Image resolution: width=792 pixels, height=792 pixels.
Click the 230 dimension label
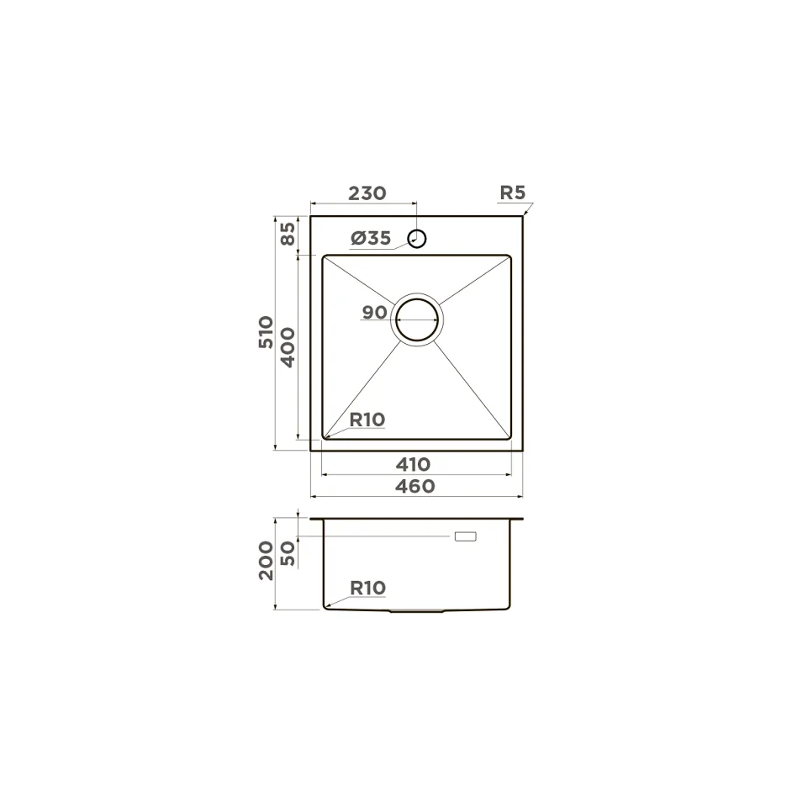coord(367,193)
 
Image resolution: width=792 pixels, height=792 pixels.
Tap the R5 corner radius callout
coord(513,193)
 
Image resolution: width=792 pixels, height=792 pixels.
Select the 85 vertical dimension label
coord(288,234)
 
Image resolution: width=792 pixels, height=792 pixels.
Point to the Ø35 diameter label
coord(371,238)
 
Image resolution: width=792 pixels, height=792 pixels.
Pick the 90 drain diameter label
coord(374,313)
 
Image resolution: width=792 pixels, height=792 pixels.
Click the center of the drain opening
coord(417,319)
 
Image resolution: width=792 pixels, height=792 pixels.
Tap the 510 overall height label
coord(266,332)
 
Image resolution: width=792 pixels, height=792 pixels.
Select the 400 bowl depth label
coord(288,347)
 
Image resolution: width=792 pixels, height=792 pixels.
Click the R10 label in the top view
coord(367,420)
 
